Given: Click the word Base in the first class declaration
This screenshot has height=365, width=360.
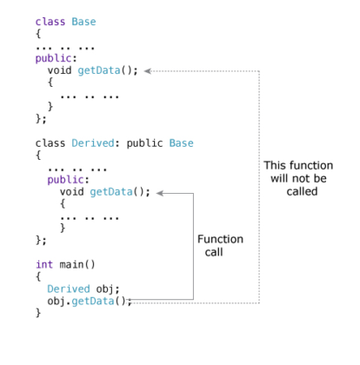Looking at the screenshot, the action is click(83, 22).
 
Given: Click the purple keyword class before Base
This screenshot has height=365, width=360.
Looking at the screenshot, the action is click(50, 22).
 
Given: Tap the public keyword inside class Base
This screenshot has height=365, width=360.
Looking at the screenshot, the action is click(53, 58).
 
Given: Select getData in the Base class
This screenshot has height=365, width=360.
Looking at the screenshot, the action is click(99, 70).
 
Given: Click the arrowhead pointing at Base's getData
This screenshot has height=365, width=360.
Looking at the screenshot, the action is click(148, 71).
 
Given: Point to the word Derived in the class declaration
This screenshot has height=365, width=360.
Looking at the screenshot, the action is click(93, 143).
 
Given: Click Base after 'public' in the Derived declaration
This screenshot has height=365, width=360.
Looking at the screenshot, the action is click(181, 143).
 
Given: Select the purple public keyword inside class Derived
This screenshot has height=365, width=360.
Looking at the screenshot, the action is click(65, 180).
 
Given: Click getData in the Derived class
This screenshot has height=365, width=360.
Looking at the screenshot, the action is click(111, 192).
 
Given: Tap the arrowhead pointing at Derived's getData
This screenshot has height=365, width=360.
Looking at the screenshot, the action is click(160, 193).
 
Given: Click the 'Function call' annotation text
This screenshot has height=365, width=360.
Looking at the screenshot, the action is click(220, 246).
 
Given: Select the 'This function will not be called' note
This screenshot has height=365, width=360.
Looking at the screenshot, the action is click(298, 178).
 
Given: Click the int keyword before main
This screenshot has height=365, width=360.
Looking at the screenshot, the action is click(44, 264).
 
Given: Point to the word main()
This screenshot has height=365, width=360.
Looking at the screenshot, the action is click(77, 264).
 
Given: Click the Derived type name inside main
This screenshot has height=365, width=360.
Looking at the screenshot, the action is click(69, 289).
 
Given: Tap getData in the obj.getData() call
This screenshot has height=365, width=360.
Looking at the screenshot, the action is click(93, 302).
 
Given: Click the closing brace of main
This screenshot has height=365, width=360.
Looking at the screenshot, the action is click(38, 313).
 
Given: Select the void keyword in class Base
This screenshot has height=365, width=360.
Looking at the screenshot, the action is click(59, 70).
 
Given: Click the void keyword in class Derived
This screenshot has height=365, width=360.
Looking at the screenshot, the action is click(71, 192).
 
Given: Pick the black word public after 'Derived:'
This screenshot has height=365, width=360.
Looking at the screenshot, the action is click(144, 143).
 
